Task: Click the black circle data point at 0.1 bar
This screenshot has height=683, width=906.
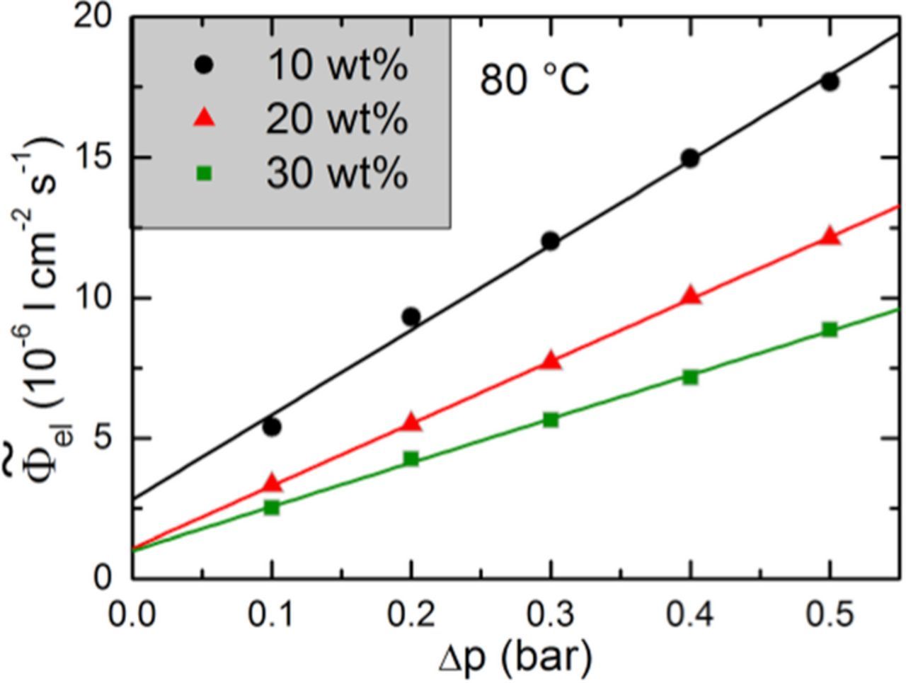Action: coord(272,427)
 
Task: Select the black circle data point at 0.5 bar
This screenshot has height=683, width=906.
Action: coord(830,81)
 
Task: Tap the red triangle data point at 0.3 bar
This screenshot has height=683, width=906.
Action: coord(551,361)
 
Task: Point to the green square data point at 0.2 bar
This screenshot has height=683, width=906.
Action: coord(411,459)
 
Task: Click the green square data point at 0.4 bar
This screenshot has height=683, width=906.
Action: coord(690,377)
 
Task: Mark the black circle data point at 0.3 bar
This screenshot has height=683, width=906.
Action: coord(551,241)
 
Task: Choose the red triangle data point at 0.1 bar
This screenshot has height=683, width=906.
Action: coord(272,484)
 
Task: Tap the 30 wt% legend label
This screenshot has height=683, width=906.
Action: coord(337,172)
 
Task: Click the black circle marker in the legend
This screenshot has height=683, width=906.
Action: coord(204,64)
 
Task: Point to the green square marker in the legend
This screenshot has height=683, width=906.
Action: coord(204,172)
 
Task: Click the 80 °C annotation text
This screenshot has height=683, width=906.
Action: coord(534,79)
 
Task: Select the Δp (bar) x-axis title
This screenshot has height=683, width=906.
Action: coord(515,658)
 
